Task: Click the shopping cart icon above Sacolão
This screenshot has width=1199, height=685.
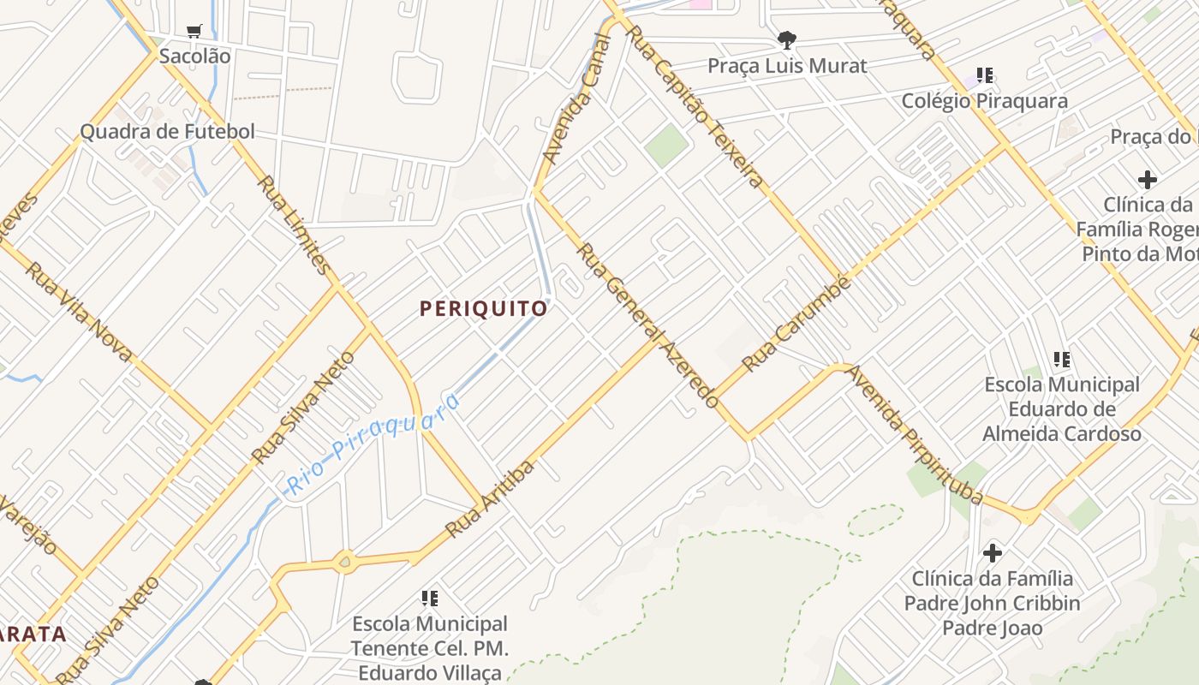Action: coord(194,32)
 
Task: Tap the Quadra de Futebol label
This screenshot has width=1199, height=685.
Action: coord(168,132)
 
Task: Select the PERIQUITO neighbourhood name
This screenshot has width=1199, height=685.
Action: coord(484,309)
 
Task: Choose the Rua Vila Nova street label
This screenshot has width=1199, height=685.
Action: coord(79,311)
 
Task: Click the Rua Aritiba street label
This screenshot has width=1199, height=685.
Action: coord(491,498)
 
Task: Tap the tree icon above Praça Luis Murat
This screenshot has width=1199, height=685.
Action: coord(786,39)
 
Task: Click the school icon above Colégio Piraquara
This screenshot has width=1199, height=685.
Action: coord(985,75)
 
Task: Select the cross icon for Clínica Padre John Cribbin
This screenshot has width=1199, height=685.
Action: coord(993,552)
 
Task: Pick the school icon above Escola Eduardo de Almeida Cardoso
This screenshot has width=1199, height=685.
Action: coord(1062,359)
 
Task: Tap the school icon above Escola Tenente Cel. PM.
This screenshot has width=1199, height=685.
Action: coord(430,598)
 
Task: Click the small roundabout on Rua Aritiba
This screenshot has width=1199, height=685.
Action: coord(345,562)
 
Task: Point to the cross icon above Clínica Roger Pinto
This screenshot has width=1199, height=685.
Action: coord(1148,179)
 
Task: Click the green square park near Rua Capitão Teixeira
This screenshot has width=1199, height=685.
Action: coord(667,146)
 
